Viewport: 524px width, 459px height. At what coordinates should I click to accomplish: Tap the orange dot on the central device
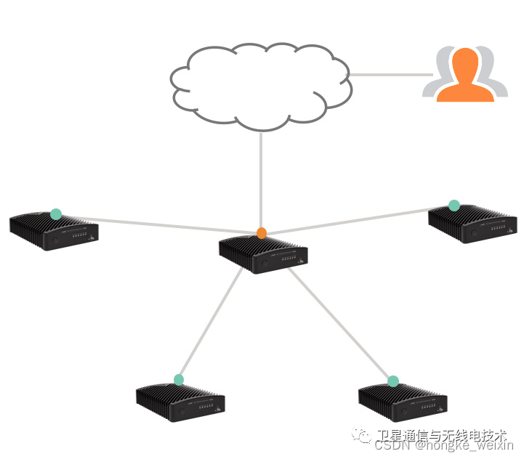point(262,233)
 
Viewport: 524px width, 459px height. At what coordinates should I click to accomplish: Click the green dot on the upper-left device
point(56,214)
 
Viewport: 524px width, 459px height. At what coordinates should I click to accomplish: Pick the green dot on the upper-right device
point(454,206)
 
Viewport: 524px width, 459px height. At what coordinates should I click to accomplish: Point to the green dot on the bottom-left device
point(179,379)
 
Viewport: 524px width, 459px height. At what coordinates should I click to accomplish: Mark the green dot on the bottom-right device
point(393,381)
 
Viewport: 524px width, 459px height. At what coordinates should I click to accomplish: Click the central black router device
point(263,254)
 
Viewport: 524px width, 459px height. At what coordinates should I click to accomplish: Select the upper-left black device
point(54,232)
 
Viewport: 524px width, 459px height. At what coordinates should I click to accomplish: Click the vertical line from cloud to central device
point(261,182)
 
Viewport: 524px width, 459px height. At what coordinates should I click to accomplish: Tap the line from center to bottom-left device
point(211,320)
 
